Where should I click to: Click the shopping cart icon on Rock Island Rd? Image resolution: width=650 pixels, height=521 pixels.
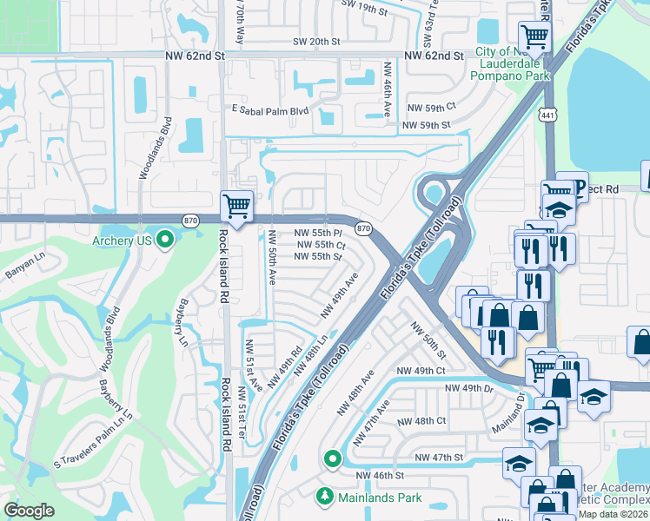236,206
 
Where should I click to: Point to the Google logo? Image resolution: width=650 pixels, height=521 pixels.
29,511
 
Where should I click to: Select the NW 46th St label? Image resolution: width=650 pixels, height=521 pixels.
380,476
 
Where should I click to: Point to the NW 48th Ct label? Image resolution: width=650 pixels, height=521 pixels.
421,421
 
